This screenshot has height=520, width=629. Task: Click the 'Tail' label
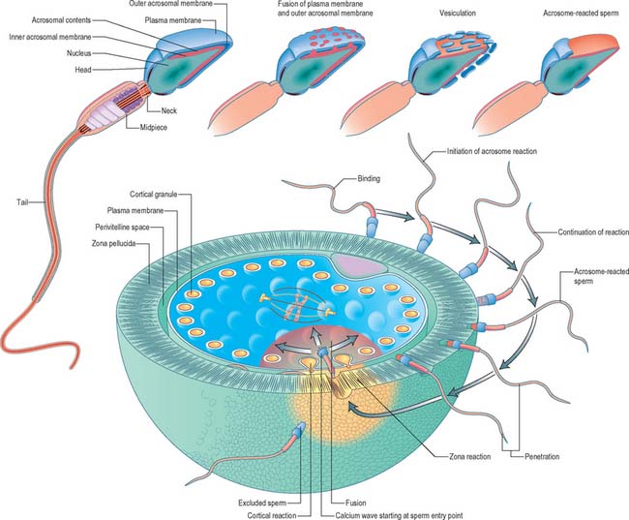pyautogui.click(x=22, y=201)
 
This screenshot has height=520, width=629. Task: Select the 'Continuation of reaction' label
pyautogui.click(x=592, y=232)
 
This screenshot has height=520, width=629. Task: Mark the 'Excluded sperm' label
pyautogui.click(x=265, y=474)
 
